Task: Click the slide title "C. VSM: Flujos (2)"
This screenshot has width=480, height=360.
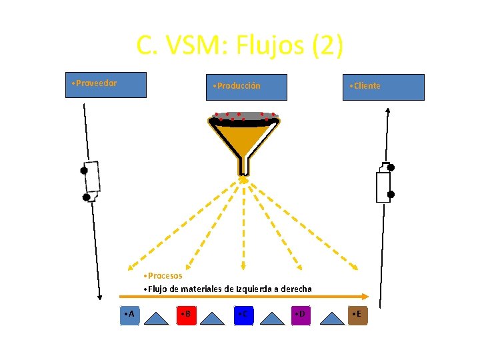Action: coord(239,46)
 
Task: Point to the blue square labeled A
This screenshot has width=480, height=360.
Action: coord(130,314)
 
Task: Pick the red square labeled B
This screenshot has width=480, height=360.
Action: coord(187,314)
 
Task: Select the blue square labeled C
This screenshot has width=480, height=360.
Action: coord(245,314)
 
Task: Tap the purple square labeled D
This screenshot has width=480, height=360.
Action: coord(301,314)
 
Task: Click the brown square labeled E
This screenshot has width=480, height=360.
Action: coord(358,314)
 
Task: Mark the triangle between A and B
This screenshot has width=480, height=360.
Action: coord(157,318)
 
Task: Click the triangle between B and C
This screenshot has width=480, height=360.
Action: coord(214,318)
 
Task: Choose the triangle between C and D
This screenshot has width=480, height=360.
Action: coord(271,318)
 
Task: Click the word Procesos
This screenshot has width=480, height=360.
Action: coord(164,275)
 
